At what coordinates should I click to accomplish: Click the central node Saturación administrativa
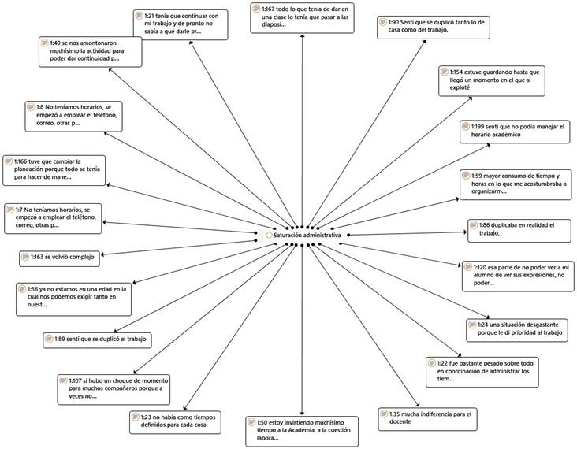307,235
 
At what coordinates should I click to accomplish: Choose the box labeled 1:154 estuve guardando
491,82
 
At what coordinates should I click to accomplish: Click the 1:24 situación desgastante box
517,328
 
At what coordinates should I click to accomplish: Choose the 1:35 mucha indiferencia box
430,417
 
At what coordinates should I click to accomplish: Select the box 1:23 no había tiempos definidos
177,421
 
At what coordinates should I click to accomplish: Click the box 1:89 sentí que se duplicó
96,340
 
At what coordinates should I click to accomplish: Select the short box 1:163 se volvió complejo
59,256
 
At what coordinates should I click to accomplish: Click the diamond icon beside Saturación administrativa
270,235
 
